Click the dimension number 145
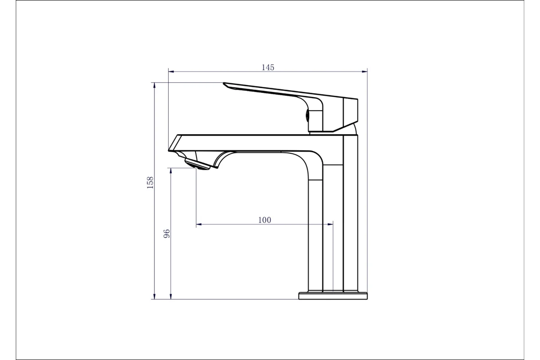(268, 67)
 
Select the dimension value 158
(150, 183)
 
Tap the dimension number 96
(166, 234)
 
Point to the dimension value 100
(265, 220)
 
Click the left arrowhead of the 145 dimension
(171, 72)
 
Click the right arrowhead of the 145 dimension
(364, 72)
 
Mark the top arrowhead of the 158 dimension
(154, 85)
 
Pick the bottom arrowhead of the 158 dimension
(154, 297)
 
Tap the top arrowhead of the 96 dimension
(171, 171)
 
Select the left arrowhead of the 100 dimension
(199, 224)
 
